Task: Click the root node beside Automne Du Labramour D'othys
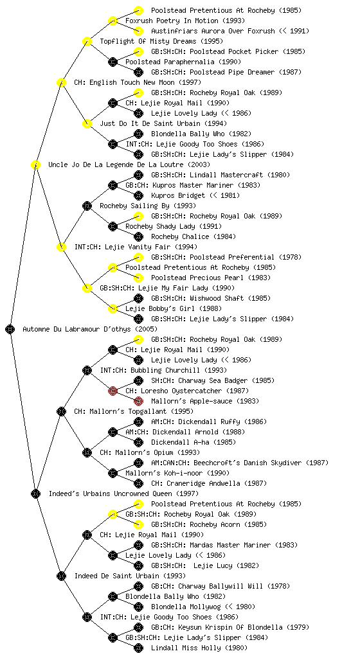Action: click(10, 329)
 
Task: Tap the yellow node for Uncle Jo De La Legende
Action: click(35, 164)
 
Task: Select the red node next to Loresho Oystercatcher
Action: click(113, 391)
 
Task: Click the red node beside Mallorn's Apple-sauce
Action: click(138, 401)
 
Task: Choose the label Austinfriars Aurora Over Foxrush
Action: click(213, 31)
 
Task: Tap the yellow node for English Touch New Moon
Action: click(61, 82)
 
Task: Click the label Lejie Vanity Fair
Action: click(123, 247)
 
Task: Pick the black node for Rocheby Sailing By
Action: click(87, 206)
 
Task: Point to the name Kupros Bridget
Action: click(178, 195)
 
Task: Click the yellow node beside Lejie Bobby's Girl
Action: click(113, 308)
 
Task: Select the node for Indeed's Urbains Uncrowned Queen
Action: click(35, 493)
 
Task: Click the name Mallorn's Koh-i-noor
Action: click(165, 473)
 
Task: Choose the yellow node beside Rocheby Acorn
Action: click(138, 524)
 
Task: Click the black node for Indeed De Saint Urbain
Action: click(61, 576)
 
